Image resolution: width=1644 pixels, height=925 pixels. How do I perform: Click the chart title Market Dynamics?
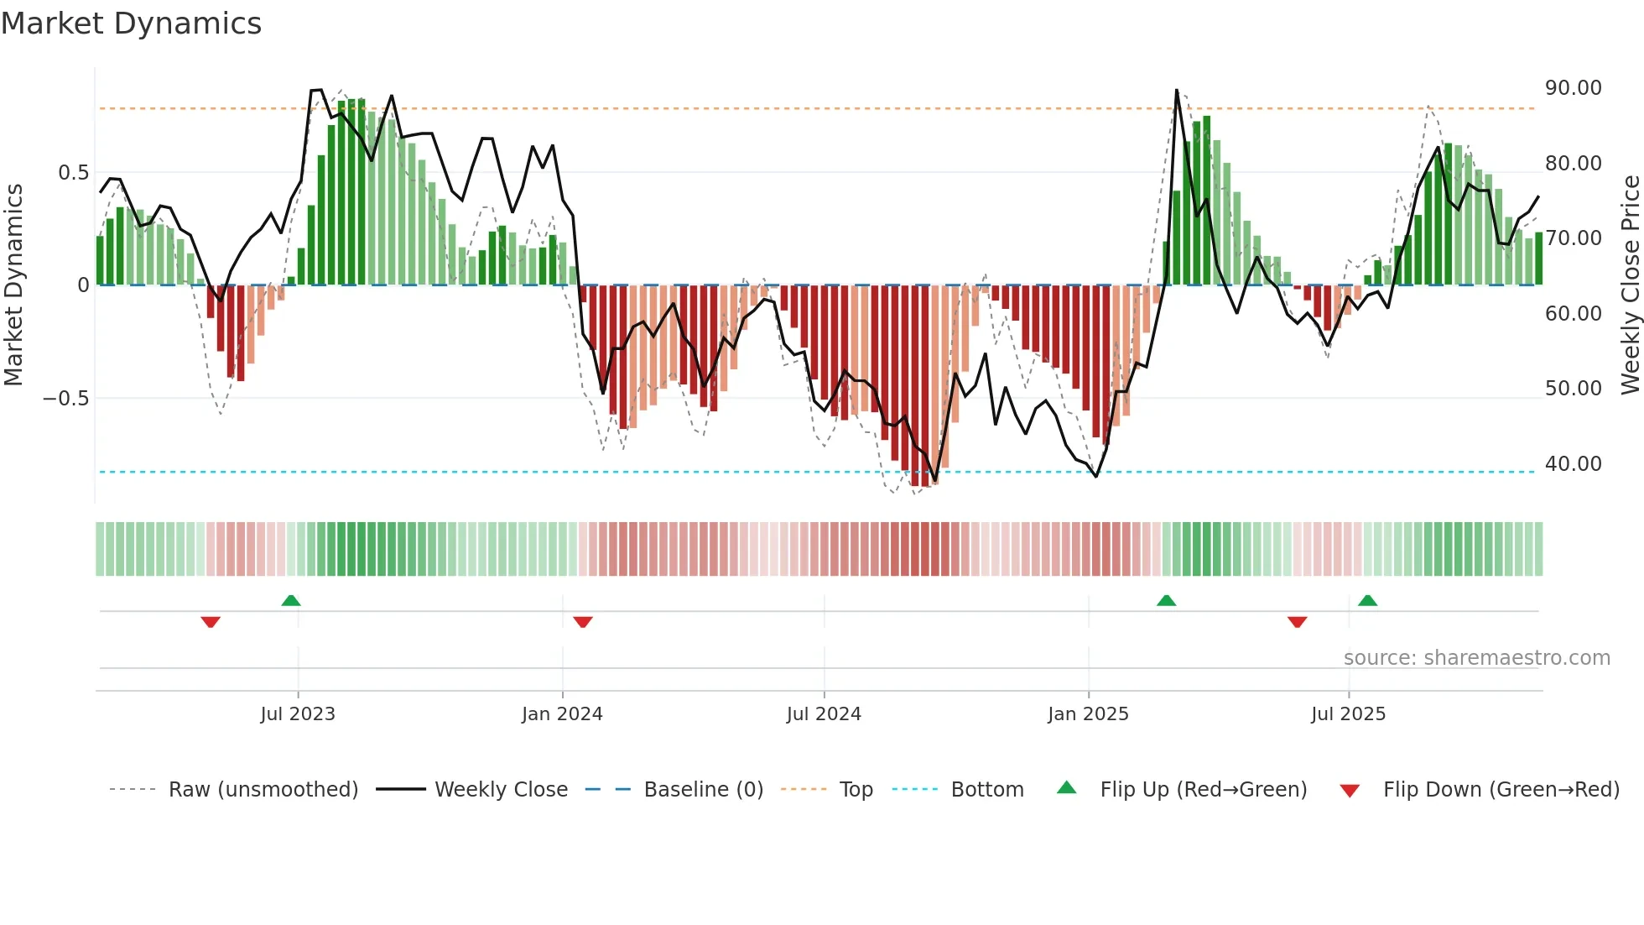click(132, 24)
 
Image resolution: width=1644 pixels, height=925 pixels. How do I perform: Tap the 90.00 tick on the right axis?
click(1573, 88)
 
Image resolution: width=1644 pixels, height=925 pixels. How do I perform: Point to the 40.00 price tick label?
click(1573, 464)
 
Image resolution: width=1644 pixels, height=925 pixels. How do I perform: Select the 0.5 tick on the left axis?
click(73, 173)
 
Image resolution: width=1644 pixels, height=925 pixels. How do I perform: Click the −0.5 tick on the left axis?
click(65, 399)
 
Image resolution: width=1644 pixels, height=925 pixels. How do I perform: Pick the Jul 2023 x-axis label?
click(298, 714)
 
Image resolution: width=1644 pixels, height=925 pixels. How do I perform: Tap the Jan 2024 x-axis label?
click(562, 714)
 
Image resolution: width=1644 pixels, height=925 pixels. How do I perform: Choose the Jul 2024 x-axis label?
click(824, 714)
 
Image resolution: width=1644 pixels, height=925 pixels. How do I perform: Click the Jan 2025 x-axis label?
click(1088, 714)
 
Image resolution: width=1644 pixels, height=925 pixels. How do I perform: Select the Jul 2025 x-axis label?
click(1348, 714)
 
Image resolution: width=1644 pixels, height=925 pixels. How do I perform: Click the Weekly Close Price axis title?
click(1630, 285)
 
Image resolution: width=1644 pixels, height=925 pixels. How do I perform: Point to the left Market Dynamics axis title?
click(13, 285)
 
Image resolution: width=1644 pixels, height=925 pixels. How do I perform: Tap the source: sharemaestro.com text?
click(1476, 658)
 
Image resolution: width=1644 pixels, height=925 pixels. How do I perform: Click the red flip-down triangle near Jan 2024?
click(583, 622)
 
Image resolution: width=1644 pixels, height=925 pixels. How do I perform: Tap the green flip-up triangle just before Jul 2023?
click(291, 600)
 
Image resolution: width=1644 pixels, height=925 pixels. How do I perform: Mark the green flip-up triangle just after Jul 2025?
click(1367, 600)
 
